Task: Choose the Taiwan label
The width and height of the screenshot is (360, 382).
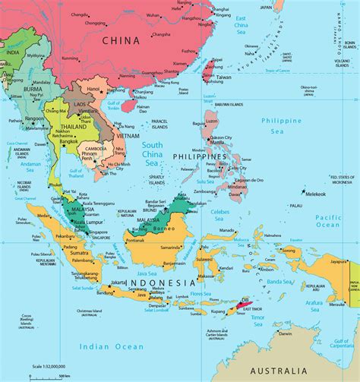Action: click(x=225, y=77)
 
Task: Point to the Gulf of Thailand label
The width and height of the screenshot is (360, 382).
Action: click(x=74, y=173)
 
